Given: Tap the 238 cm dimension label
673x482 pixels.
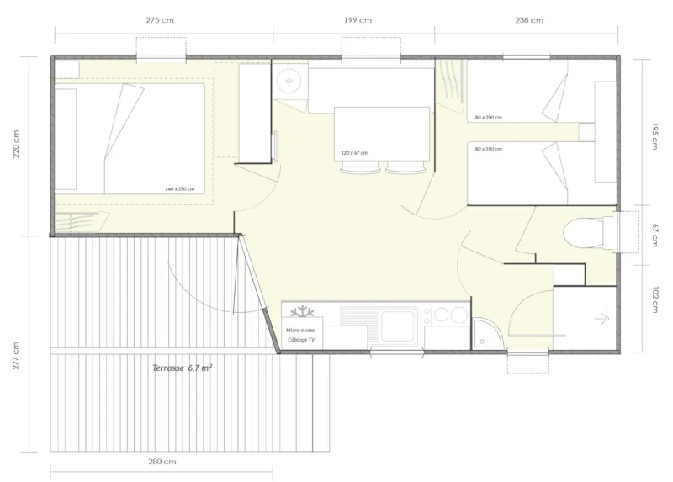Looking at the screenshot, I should pos(529,20).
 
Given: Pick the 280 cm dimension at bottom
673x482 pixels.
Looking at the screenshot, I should pos(162,462).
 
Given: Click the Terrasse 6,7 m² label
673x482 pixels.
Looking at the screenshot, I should pos(182,368).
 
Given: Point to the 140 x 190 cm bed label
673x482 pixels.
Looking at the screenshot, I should pos(180,189).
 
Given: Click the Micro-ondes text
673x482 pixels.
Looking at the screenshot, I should pos(300,331).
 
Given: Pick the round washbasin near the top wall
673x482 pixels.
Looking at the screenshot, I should pos(289,80).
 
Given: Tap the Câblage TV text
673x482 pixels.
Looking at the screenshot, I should pos(300,339).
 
